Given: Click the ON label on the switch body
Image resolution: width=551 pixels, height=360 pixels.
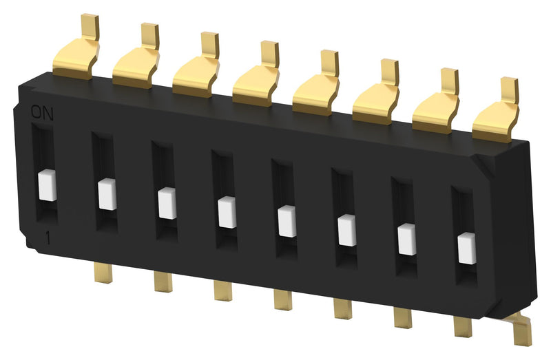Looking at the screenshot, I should (x=41, y=111).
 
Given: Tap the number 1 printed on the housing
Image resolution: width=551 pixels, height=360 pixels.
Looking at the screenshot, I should (x=48, y=239).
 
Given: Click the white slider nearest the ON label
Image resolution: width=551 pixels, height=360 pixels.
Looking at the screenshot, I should (x=48, y=186).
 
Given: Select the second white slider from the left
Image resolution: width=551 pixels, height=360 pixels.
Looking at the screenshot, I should (x=107, y=194).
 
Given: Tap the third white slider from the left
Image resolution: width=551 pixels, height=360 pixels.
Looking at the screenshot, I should (x=167, y=203).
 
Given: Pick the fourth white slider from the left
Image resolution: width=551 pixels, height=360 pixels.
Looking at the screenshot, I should (x=227, y=212).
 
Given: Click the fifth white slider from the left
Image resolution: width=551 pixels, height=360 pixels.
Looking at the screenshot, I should (x=287, y=221).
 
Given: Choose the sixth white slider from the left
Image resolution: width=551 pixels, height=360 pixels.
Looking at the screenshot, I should (x=346, y=230).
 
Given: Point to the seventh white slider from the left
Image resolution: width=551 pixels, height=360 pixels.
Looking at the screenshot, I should (x=406, y=239).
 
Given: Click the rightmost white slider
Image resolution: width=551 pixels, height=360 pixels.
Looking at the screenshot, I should (x=466, y=248).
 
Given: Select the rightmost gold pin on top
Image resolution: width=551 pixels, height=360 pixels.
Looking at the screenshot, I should (x=500, y=116).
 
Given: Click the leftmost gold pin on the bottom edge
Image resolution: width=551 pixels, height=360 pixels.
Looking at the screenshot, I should (x=103, y=274).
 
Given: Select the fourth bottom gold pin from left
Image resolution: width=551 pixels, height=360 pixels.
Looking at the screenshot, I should (x=282, y=299).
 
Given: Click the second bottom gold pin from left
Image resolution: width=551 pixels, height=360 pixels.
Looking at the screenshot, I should (x=163, y=282).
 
